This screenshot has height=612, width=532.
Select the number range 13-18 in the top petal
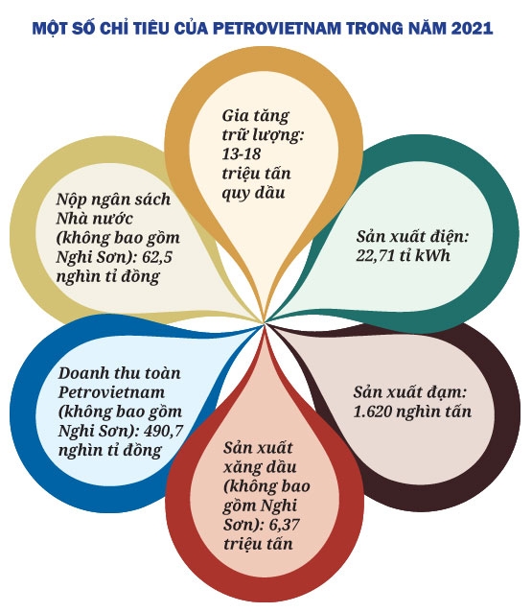(242, 153)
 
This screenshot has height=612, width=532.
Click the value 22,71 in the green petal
(375, 256)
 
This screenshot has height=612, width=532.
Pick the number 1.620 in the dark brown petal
(374, 412)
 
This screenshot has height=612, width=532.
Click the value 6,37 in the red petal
(285, 524)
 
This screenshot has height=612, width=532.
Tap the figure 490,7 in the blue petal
(163, 431)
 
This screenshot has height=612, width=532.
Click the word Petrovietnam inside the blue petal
(111, 392)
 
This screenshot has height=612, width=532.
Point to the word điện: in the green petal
(449, 236)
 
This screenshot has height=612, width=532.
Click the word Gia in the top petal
(233, 115)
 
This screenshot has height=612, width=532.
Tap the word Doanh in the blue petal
(82, 373)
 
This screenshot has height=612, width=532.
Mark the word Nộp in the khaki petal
(69, 200)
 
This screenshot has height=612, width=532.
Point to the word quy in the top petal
(235, 194)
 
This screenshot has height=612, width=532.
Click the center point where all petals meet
(265, 323)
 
